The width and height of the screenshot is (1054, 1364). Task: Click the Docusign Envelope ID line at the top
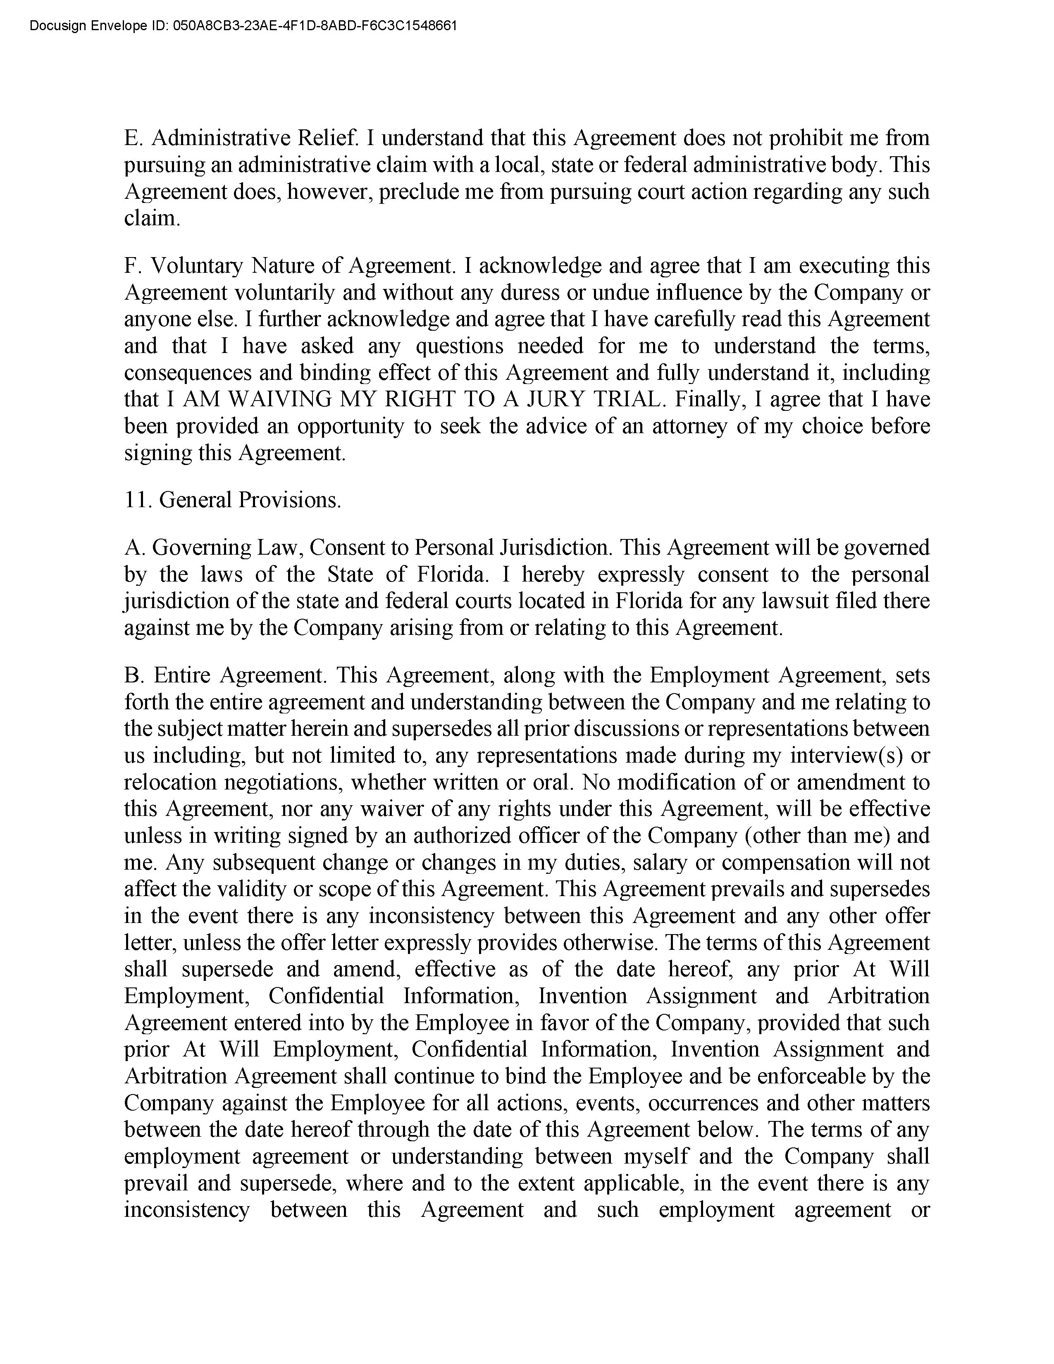click(x=243, y=26)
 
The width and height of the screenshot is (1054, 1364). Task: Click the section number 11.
click(x=137, y=500)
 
